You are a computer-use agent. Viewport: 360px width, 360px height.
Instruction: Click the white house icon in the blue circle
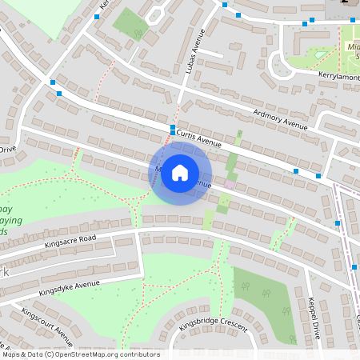click(180, 172)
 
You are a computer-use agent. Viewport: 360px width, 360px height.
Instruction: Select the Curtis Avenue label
click(198, 138)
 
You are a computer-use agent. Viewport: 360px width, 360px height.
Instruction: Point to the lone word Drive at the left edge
click(7, 149)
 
